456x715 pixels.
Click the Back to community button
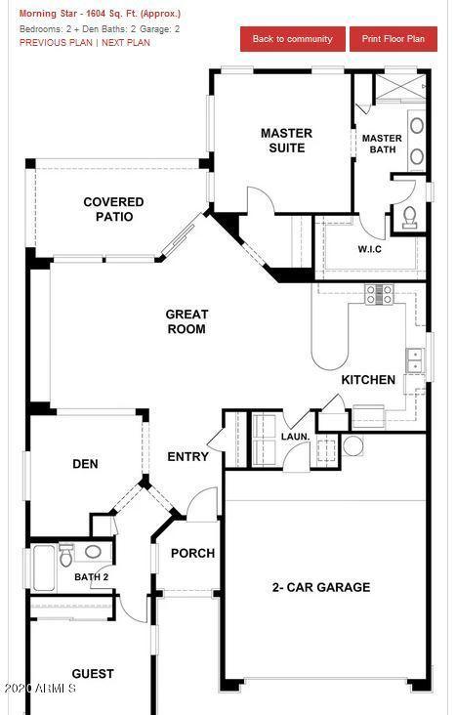click(292, 39)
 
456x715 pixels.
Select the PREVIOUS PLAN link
click(56, 43)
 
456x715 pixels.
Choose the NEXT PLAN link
click(126, 43)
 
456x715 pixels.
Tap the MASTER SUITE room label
click(287, 141)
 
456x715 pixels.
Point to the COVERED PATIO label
click(114, 209)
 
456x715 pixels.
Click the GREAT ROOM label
click(187, 321)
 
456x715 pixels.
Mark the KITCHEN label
click(368, 380)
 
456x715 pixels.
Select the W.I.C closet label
click(370, 249)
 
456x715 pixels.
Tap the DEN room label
click(85, 464)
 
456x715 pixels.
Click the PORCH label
click(193, 554)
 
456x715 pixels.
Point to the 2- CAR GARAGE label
click(321, 587)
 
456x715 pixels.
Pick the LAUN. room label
click(296, 437)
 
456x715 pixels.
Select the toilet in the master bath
click(409, 217)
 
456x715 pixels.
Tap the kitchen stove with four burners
click(380, 294)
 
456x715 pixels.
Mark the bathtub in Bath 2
click(44, 567)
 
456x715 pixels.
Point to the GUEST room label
click(93, 674)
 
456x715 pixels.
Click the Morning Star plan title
click(100, 14)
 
